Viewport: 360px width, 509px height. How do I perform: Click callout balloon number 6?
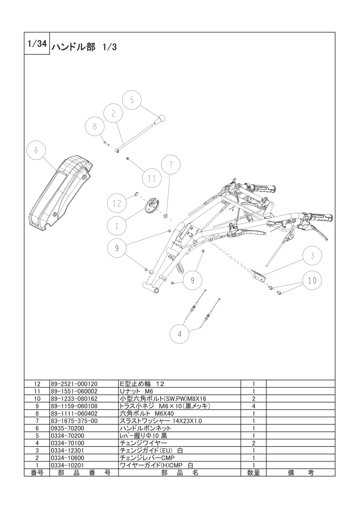(x=36, y=150)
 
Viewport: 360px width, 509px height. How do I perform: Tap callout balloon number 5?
(x=132, y=100)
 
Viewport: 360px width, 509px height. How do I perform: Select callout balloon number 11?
(x=152, y=178)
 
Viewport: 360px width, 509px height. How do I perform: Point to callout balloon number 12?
(x=117, y=203)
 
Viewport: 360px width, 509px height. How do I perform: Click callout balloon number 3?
(x=312, y=255)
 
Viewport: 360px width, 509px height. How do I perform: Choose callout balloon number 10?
(x=312, y=280)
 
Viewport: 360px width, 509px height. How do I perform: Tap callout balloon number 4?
(x=180, y=334)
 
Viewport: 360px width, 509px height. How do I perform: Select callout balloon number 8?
(x=95, y=127)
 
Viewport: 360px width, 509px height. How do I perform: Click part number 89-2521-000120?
(x=74, y=384)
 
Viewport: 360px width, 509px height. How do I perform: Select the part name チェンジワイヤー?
(x=143, y=443)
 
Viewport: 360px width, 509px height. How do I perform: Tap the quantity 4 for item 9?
(x=253, y=406)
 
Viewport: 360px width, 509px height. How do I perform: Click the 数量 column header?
(x=253, y=473)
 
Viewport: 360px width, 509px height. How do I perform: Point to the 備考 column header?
(x=301, y=473)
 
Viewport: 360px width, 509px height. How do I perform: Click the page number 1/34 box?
(x=37, y=44)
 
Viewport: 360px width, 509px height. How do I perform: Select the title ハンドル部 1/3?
(x=84, y=47)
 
